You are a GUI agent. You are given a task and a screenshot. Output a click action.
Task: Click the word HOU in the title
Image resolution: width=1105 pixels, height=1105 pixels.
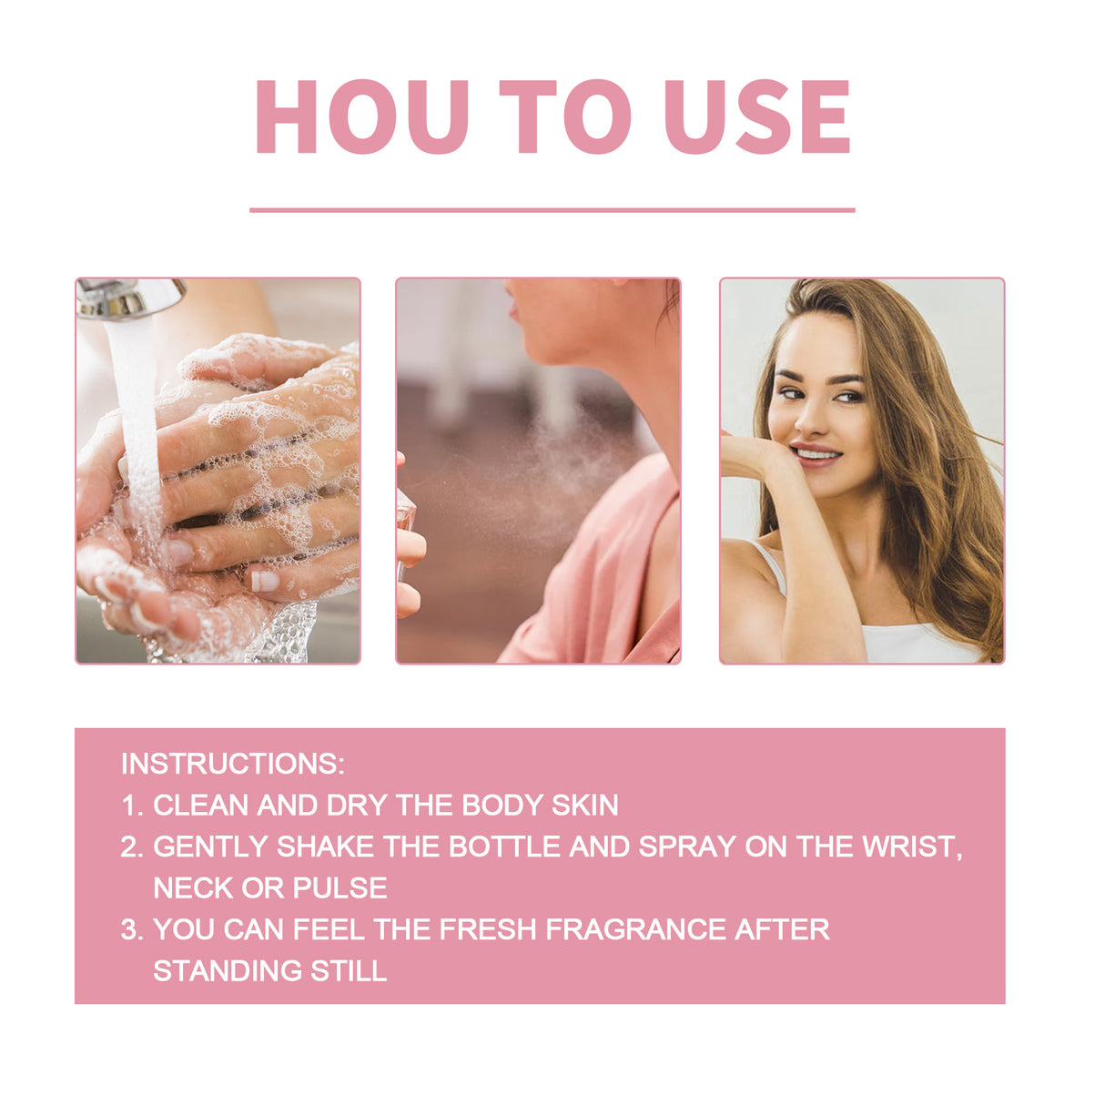361,117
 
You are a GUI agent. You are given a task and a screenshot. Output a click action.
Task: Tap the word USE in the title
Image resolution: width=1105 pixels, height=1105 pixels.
756,117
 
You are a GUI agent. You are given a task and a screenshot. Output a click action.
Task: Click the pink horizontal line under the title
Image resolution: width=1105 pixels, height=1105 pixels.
552,210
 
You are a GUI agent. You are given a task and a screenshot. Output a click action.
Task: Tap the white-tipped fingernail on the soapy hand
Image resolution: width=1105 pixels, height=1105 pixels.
264,581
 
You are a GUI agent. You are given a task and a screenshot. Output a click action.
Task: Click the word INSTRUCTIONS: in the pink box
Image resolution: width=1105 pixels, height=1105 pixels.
233,764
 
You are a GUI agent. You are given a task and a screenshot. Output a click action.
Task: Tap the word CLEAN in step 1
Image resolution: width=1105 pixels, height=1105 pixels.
201,806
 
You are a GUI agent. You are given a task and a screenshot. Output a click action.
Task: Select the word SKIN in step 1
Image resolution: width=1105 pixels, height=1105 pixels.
584,806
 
